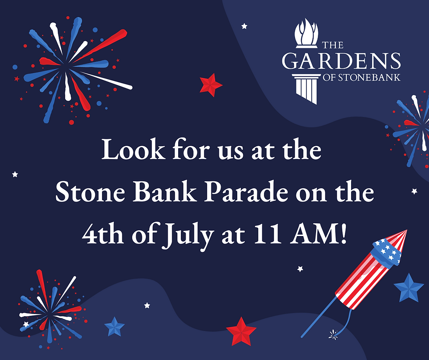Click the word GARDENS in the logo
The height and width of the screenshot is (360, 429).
point(341,61)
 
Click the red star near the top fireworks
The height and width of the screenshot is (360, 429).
point(211,85)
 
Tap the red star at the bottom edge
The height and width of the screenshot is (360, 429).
point(241,332)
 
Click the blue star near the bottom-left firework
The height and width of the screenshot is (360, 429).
point(114,327)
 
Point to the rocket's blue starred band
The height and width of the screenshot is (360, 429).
point(387,253)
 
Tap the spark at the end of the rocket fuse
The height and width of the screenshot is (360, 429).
point(333,335)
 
